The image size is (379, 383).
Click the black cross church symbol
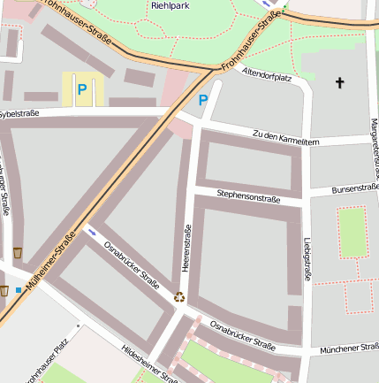(x=339, y=83)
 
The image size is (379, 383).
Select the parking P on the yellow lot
(x=82, y=88)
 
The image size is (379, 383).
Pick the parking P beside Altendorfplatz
(x=203, y=100)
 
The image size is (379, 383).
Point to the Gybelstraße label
(x=19, y=115)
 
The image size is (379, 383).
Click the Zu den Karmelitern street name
(x=284, y=137)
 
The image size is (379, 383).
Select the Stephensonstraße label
(x=248, y=198)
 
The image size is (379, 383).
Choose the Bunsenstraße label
(x=355, y=188)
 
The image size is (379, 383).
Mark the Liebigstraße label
(x=307, y=257)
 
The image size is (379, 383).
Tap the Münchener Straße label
(x=350, y=350)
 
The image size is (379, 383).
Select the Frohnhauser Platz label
(x=42, y=363)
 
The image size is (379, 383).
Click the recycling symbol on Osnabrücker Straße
(x=180, y=297)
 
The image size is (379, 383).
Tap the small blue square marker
(x=19, y=289)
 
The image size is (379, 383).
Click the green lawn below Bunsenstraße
(x=352, y=232)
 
